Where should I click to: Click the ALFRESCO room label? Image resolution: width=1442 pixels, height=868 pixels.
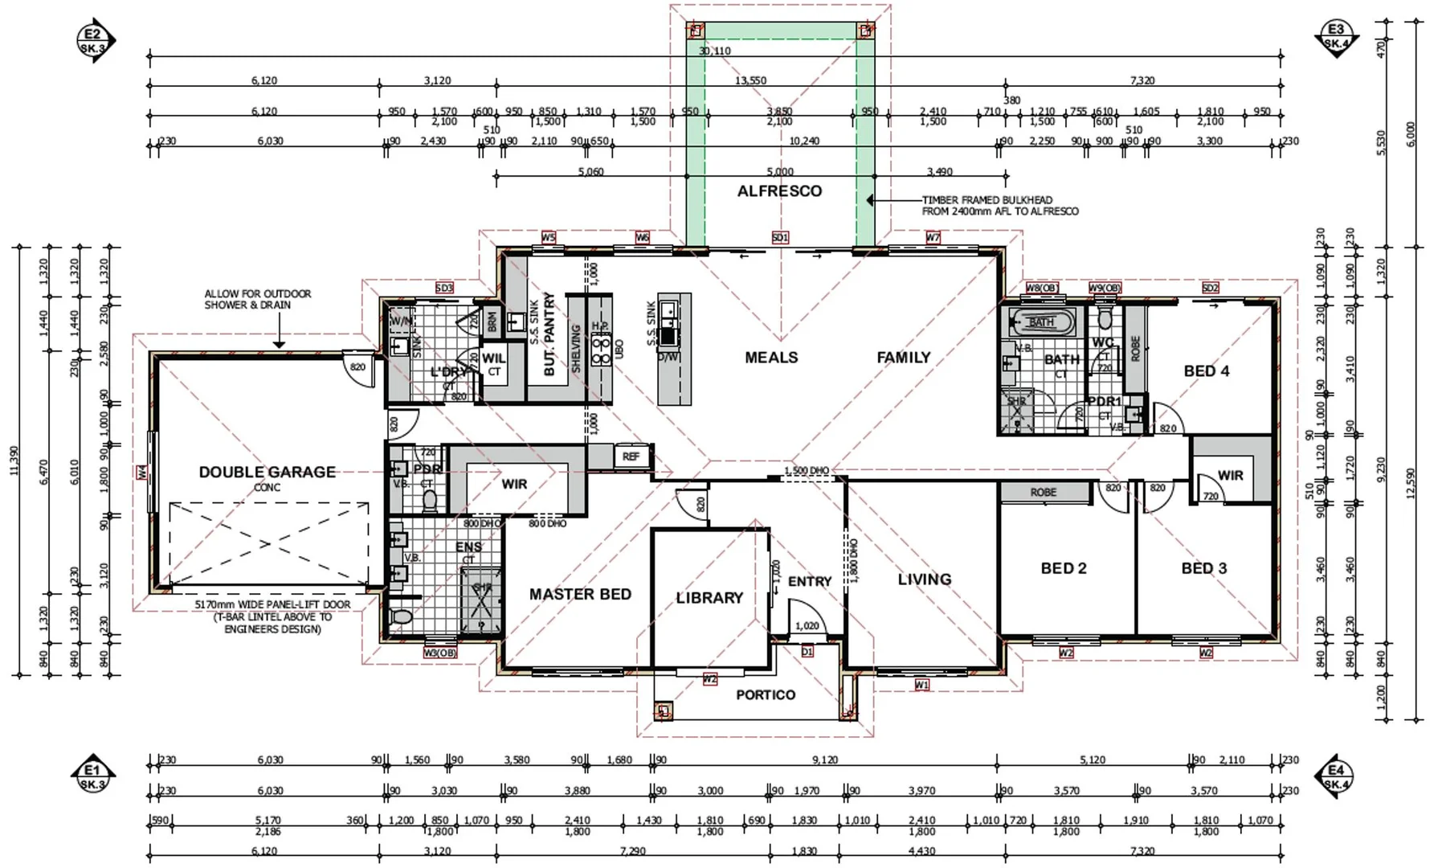779,191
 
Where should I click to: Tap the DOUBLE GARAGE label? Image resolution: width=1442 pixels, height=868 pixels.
268,473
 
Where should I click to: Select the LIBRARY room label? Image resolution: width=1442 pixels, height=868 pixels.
709,598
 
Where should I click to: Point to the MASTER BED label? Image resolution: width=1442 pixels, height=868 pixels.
580,595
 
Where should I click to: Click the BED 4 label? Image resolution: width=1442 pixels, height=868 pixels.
1206,371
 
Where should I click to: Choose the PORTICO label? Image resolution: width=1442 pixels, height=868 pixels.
766,695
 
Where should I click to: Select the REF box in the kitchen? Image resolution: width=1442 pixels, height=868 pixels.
631,457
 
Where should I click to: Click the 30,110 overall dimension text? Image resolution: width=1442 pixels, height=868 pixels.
714,51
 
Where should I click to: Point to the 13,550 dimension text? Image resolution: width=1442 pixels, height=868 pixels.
750,80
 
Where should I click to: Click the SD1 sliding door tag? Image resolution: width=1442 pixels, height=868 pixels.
779,238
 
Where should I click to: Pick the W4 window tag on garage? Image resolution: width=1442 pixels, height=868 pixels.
142,473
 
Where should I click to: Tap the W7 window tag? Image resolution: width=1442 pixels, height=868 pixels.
932,238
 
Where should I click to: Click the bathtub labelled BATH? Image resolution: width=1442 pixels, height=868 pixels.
1042,322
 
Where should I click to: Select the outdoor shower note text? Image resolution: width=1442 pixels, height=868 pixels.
257,300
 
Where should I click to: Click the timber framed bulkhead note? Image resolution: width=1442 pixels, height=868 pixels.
999,206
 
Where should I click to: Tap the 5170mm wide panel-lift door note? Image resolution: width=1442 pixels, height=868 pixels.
272,616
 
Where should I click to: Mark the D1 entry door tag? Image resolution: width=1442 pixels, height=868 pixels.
807,652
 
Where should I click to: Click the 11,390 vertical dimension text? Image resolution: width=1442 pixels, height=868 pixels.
13,460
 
